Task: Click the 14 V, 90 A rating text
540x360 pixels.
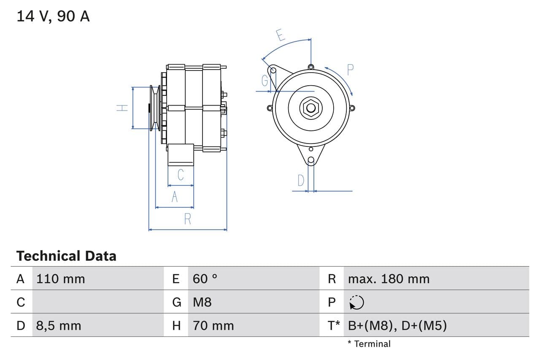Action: click(53, 16)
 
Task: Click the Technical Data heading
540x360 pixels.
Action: click(66, 256)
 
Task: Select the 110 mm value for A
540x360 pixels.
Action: click(61, 279)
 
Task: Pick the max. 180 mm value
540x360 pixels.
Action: click(389, 279)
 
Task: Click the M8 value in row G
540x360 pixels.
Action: click(202, 302)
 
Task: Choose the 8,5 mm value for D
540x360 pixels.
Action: click(59, 325)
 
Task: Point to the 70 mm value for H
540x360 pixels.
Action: click(213, 325)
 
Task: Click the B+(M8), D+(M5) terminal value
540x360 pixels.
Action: click(397, 325)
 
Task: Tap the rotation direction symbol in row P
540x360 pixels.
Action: click(356, 302)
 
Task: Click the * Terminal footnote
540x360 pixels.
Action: click(369, 344)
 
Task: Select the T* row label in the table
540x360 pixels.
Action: click(334, 325)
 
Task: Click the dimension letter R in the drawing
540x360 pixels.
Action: click(188, 219)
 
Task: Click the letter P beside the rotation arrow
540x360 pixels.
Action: click(350, 69)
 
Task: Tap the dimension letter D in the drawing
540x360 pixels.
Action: click(300, 180)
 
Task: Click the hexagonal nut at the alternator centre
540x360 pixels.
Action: click(311, 108)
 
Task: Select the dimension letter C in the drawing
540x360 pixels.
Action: click(181, 174)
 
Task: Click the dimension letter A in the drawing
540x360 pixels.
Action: click(175, 197)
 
